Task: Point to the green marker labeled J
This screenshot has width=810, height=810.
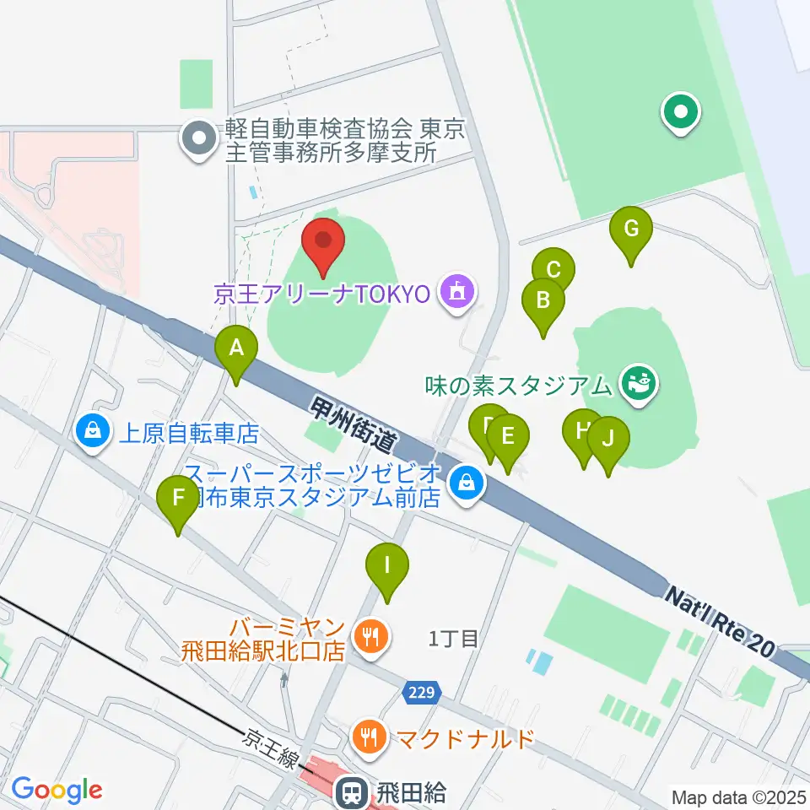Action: (608, 441)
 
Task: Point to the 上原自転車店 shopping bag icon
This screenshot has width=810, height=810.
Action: (94, 432)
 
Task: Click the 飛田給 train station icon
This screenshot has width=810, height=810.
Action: (349, 791)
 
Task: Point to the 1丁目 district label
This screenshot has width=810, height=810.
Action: (453, 639)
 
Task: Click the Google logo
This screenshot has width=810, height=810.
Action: (57, 791)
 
